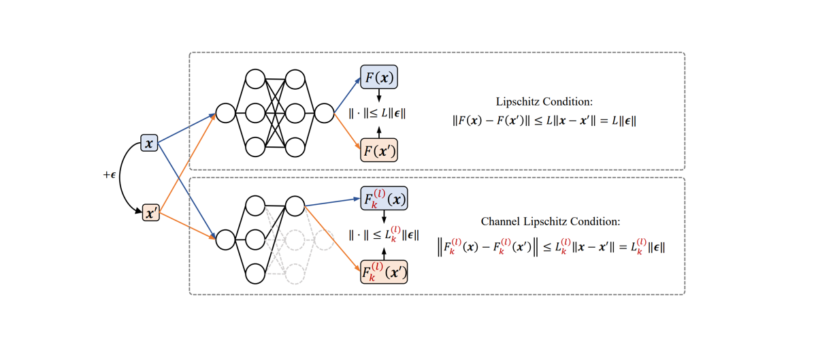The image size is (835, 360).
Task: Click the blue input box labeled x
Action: [x=149, y=143]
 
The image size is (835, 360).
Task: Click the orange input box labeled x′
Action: [x=150, y=213]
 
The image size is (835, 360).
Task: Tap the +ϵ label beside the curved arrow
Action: [x=110, y=176]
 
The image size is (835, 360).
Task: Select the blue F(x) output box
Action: [x=379, y=78]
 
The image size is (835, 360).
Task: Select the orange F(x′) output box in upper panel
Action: [x=379, y=150]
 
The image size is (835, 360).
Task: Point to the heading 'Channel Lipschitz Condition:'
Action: [x=551, y=221]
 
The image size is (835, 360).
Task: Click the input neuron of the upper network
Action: [x=225, y=113]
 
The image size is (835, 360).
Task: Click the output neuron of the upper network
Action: [x=325, y=113]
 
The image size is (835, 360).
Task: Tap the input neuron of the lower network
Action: [x=225, y=239]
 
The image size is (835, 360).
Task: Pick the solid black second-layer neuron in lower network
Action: [x=295, y=205]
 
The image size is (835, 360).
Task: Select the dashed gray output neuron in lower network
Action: [x=325, y=239]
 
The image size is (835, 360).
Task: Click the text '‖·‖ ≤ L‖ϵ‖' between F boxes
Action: [x=377, y=114]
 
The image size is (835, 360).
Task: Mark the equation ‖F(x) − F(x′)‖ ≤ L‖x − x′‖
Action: [x=544, y=121]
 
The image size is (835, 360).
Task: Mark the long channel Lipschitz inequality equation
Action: [x=551, y=247]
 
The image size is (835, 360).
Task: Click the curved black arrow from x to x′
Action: [x=123, y=178]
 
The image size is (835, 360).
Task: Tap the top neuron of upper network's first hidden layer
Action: [x=255, y=79]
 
